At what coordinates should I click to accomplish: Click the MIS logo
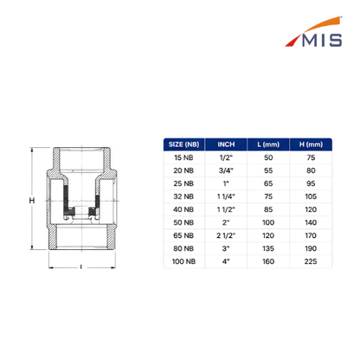point(314,32)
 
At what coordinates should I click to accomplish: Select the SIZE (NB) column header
point(183,145)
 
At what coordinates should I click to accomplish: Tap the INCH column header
point(226,145)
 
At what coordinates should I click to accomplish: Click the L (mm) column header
point(268,145)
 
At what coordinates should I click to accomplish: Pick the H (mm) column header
point(311,145)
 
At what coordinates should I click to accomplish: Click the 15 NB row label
point(183,157)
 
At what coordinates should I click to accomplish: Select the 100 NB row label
point(183,261)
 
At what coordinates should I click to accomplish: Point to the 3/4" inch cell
point(226,170)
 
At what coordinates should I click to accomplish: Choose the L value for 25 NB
point(268,183)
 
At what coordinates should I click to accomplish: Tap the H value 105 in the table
point(311,196)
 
